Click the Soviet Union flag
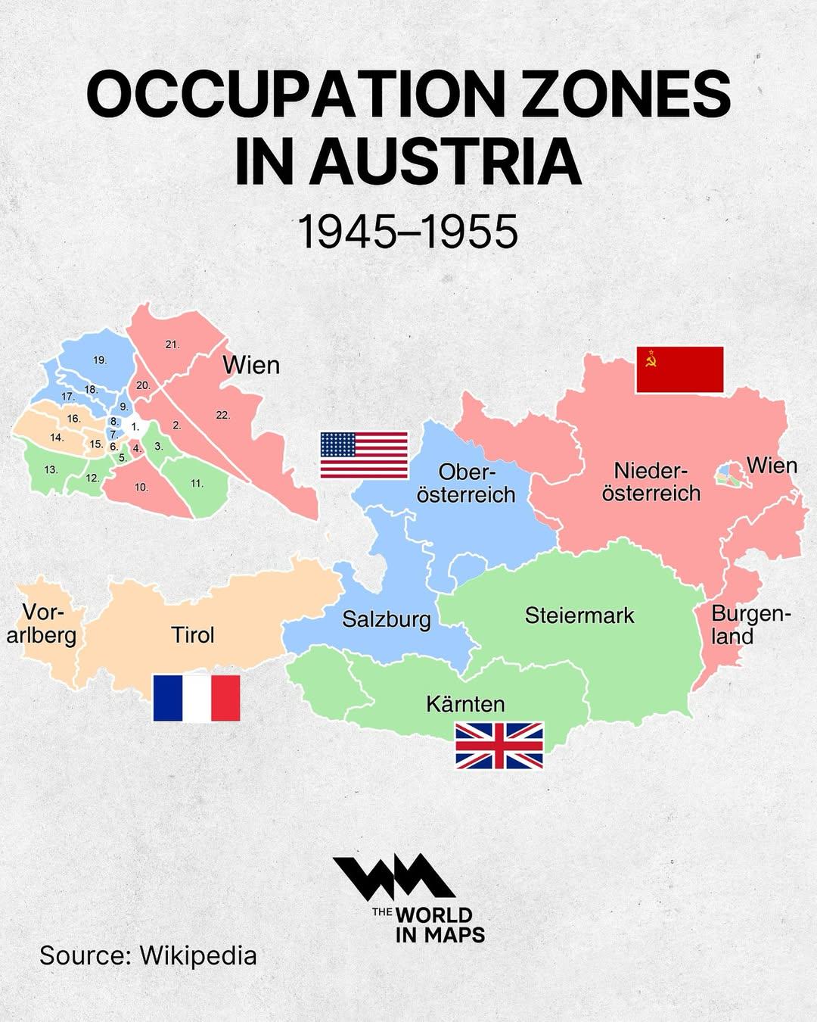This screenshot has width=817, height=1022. coord(679,369)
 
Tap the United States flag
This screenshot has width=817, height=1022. coord(364,455)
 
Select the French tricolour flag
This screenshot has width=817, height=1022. coord(197,697)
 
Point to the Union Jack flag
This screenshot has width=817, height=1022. coord(499,746)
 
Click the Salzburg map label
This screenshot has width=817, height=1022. coord(386,619)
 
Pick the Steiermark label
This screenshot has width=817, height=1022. coord(579,615)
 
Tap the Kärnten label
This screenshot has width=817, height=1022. coord(465,704)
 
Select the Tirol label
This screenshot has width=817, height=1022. coord(193,634)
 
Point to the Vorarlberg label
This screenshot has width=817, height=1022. coord(42,623)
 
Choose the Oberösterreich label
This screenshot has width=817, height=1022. coord(466,483)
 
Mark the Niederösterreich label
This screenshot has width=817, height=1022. coord(651,481)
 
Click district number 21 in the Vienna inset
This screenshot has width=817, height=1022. coord(172,344)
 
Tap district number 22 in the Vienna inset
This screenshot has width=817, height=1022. coord(222,415)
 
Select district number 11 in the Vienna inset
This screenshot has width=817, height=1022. coord(197,483)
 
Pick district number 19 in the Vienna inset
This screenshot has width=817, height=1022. coord(100,360)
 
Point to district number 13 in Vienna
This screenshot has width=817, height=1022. coord(51,469)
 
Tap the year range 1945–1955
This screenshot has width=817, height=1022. coord(408,232)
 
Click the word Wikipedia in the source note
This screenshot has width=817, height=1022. coord(198,955)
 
